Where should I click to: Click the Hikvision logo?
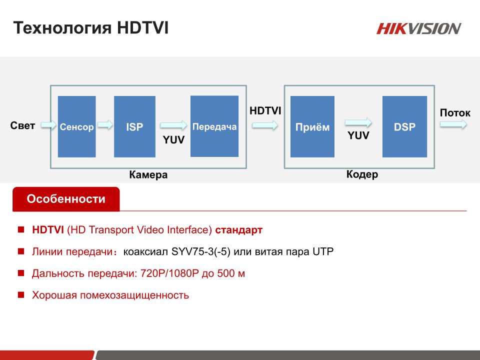point(418,28)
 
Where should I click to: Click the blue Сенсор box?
point(77,126)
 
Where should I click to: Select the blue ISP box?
point(134,126)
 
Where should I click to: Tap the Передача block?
point(214,126)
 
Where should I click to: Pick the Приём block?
point(312,126)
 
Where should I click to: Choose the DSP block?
point(404,126)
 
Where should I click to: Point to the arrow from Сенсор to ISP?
point(105,124)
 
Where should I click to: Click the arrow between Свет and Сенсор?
point(48,124)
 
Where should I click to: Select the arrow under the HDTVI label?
point(265,125)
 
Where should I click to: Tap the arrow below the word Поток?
point(453,124)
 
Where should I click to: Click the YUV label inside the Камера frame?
point(173,140)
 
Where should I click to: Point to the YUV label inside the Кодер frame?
point(358,135)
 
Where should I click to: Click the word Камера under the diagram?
point(148,175)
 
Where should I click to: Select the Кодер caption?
point(362,174)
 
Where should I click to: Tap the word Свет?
point(22,125)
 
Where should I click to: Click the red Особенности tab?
point(66,199)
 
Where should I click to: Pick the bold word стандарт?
point(239,230)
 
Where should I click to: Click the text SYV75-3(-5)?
point(201,251)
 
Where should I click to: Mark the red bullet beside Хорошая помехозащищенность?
point(21,295)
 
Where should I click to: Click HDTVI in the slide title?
point(142,28)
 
